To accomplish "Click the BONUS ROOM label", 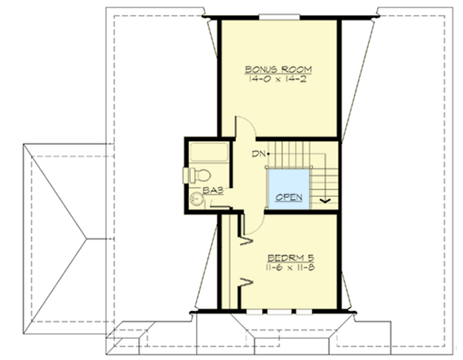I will pyautogui.click(x=278, y=69).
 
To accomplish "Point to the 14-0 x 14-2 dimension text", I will pyautogui.click(x=278, y=79).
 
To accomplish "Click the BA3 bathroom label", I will pyautogui.click(x=212, y=191).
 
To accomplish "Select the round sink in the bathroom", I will pyautogui.click(x=195, y=199).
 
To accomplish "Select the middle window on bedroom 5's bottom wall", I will pyautogui.click(x=277, y=310).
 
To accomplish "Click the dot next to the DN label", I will pyautogui.click(x=268, y=154).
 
